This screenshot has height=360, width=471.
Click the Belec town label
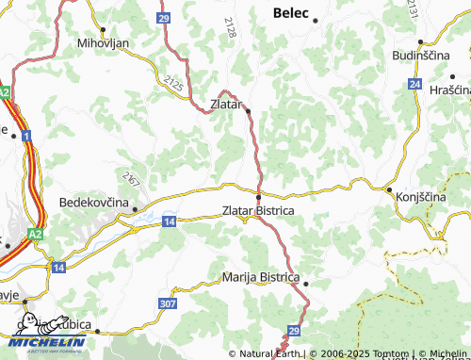(x=292, y=13)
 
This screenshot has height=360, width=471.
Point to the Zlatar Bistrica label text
(x=258, y=211)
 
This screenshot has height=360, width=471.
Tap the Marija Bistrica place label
(x=261, y=278)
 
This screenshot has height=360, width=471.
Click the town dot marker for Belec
(x=316, y=20)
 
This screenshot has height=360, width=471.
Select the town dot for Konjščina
(x=389, y=189)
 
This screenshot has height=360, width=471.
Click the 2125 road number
(x=173, y=86)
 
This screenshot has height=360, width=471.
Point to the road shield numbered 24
(x=414, y=84)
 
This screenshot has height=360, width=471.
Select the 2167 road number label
(x=130, y=176)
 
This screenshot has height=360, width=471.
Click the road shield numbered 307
(x=168, y=303)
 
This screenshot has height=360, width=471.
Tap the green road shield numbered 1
(x=27, y=138)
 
